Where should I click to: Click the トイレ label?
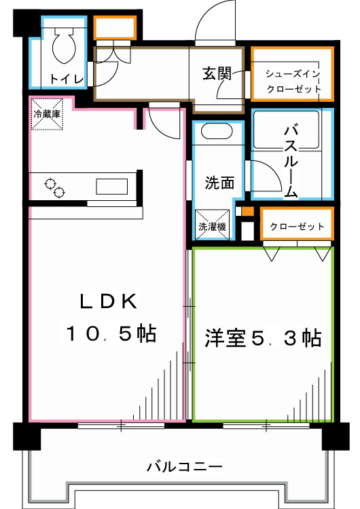coord(66,79)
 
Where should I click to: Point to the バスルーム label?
coord(291,160)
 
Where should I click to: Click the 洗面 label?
coord(219,183)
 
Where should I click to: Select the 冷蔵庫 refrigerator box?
coord(47,114)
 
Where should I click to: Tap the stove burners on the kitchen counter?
coord(54,188)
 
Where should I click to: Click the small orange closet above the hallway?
coord(115,28)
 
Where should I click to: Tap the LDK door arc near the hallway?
coord(163,122)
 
